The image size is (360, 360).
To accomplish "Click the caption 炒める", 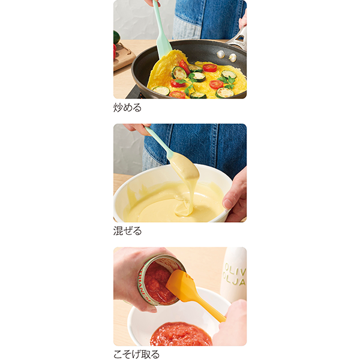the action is pyautogui.click(x=127, y=107).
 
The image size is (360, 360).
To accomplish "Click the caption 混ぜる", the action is pyautogui.click(x=127, y=230).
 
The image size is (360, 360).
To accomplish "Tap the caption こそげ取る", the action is pyautogui.click(x=136, y=354).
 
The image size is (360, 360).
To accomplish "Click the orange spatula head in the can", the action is pyautogui.click(x=181, y=282).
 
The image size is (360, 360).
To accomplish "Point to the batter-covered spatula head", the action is pyautogui.click(x=184, y=166).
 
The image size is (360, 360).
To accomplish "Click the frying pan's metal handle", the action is pyautogui.click(x=238, y=39).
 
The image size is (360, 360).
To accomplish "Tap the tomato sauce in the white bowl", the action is pyautogui.click(x=181, y=334).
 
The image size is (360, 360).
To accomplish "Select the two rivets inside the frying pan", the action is pyautogui.click(x=226, y=56).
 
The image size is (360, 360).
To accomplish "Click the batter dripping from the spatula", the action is pyautogui.click(x=186, y=197).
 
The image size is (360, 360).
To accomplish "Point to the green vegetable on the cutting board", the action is pyautogui.click(x=116, y=37).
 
